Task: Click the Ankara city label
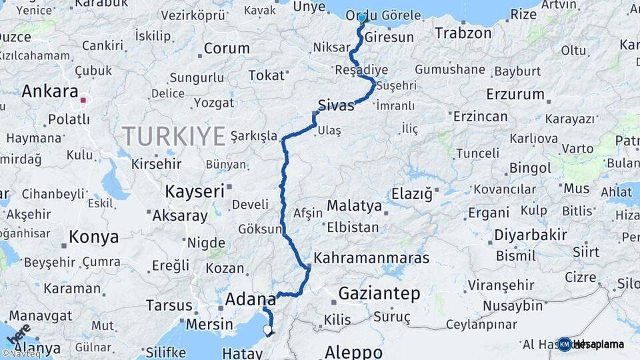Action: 50,91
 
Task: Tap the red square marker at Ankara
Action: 83,101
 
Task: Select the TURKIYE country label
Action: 173,136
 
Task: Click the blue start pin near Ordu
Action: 361,18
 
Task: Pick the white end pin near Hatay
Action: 267,329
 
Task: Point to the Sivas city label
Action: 336,105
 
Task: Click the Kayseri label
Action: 195,191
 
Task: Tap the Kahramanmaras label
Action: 371,257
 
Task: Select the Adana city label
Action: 250,299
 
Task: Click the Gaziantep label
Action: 379,293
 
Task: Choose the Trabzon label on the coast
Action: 463,32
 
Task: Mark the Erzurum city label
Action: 515,94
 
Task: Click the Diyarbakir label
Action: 531,235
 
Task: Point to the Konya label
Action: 94,237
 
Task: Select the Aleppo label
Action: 353,351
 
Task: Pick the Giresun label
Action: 389,37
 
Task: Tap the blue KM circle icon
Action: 565,344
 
